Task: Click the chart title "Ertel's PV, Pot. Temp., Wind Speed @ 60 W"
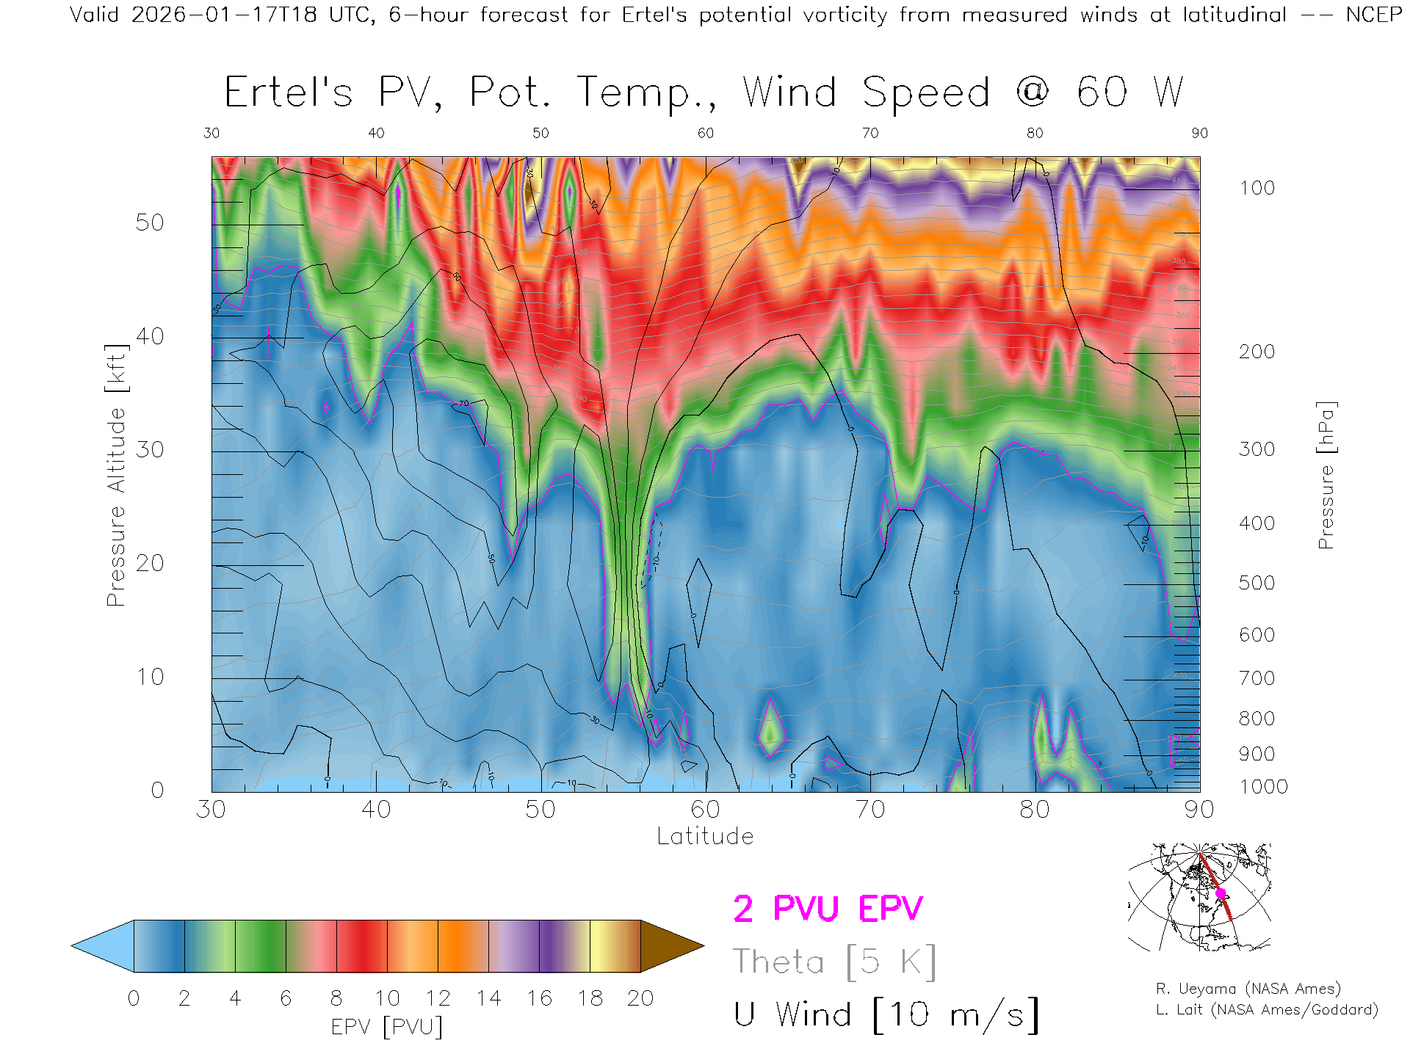pos(704,93)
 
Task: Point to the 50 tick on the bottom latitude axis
pos(540,810)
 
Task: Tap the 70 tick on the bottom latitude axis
pos(870,810)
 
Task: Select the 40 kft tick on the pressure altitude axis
pos(150,336)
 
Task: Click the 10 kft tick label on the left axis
pos(150,677)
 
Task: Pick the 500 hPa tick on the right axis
pos(1257,583)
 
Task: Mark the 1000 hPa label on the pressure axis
pos(1263,787)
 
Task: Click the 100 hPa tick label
pos(1257,188)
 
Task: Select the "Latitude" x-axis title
pos(705,837)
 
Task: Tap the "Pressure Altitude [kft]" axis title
pos(116,475)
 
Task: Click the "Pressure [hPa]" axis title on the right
pos(1326,475)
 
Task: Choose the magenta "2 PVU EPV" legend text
pos(828,909)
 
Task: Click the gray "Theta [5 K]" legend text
pos(834,962)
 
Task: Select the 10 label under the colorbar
pos(387,998)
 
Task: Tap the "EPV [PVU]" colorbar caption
pos(387,1027)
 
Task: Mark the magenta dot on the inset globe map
pos(1221,893)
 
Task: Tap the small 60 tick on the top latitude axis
pos(705,133)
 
